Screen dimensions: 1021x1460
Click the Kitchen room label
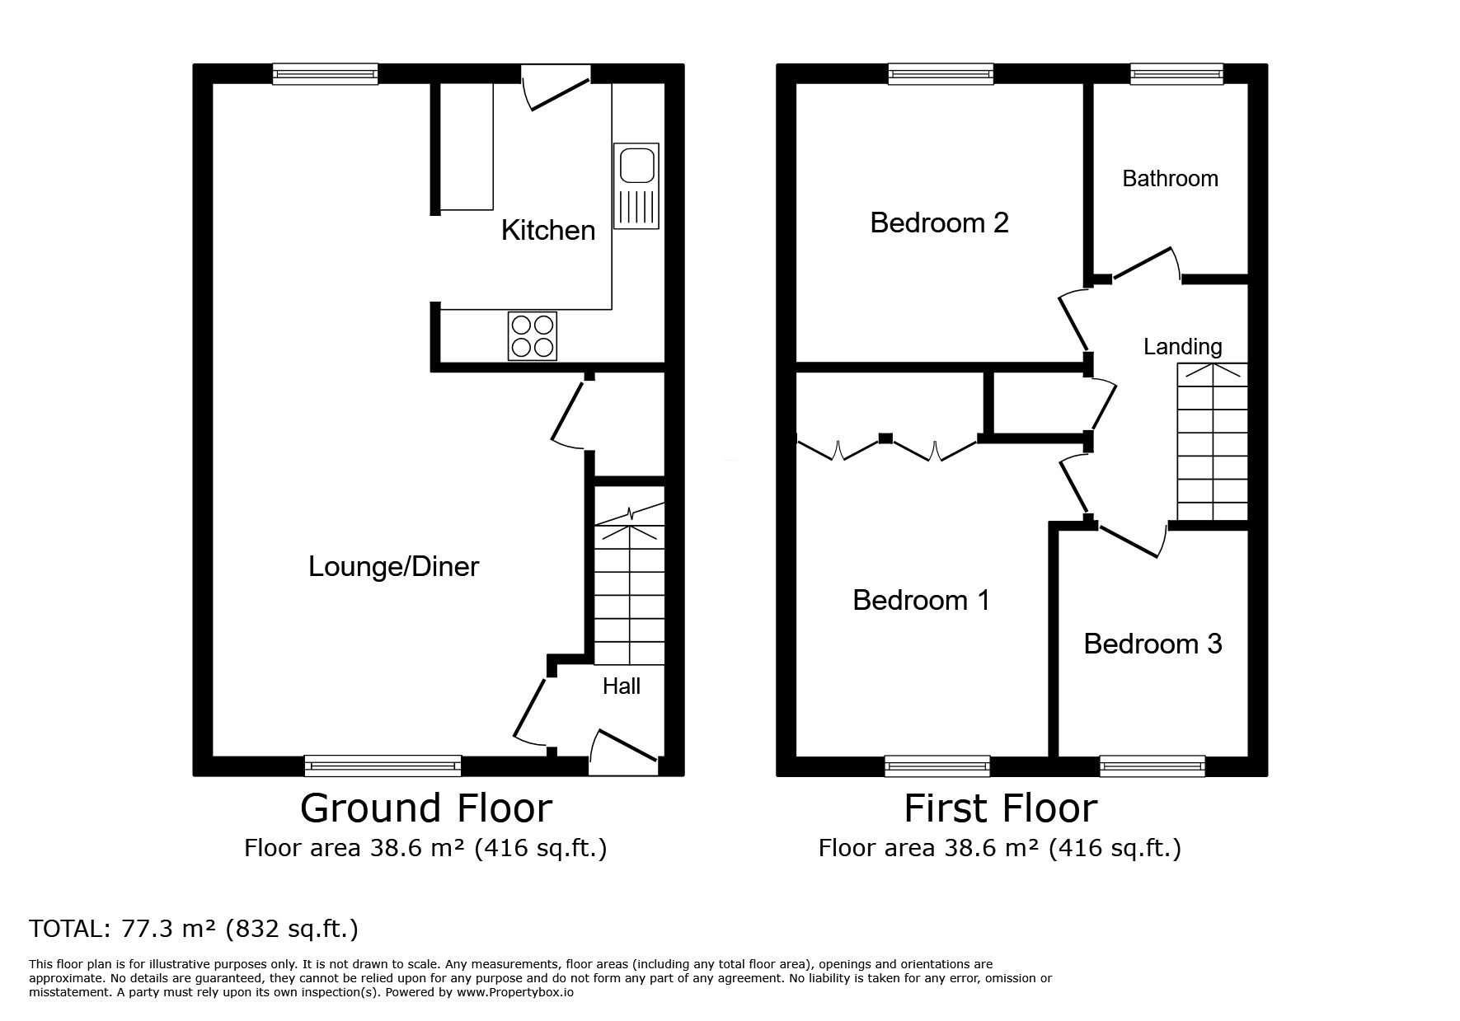pos(548,230)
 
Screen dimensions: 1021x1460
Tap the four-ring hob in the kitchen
pos(532,336)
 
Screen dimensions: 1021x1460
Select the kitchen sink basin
pos(636,165)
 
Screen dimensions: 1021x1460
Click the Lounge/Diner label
pos(393,566)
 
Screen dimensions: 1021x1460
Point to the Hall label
pos(621,686)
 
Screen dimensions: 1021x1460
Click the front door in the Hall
pos(625,748)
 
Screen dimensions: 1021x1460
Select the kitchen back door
pos(557,92)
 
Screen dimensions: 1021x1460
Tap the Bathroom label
pos(1170,178)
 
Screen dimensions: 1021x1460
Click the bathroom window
pos(1176,75)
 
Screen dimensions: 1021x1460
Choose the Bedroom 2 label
pos(939,222)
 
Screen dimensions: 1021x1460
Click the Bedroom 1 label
pos(921,599)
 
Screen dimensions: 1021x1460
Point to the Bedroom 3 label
pos(1152,643)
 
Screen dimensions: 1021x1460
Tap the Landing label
pos(1182,346)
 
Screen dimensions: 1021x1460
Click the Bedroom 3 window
pos(1152,766)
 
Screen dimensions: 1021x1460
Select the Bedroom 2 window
pos(941,75)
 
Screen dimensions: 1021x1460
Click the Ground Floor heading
pos(425,808)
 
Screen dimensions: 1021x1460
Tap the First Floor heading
pos(1000,808)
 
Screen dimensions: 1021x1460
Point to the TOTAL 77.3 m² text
pos(194,929)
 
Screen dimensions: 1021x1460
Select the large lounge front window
pos(383,766)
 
